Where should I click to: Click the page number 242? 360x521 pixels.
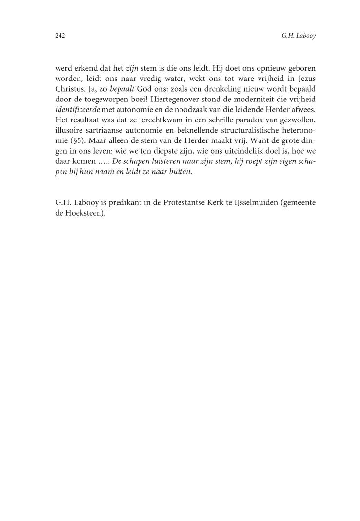coord(60,36)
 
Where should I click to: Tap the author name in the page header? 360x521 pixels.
coord(299,36)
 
